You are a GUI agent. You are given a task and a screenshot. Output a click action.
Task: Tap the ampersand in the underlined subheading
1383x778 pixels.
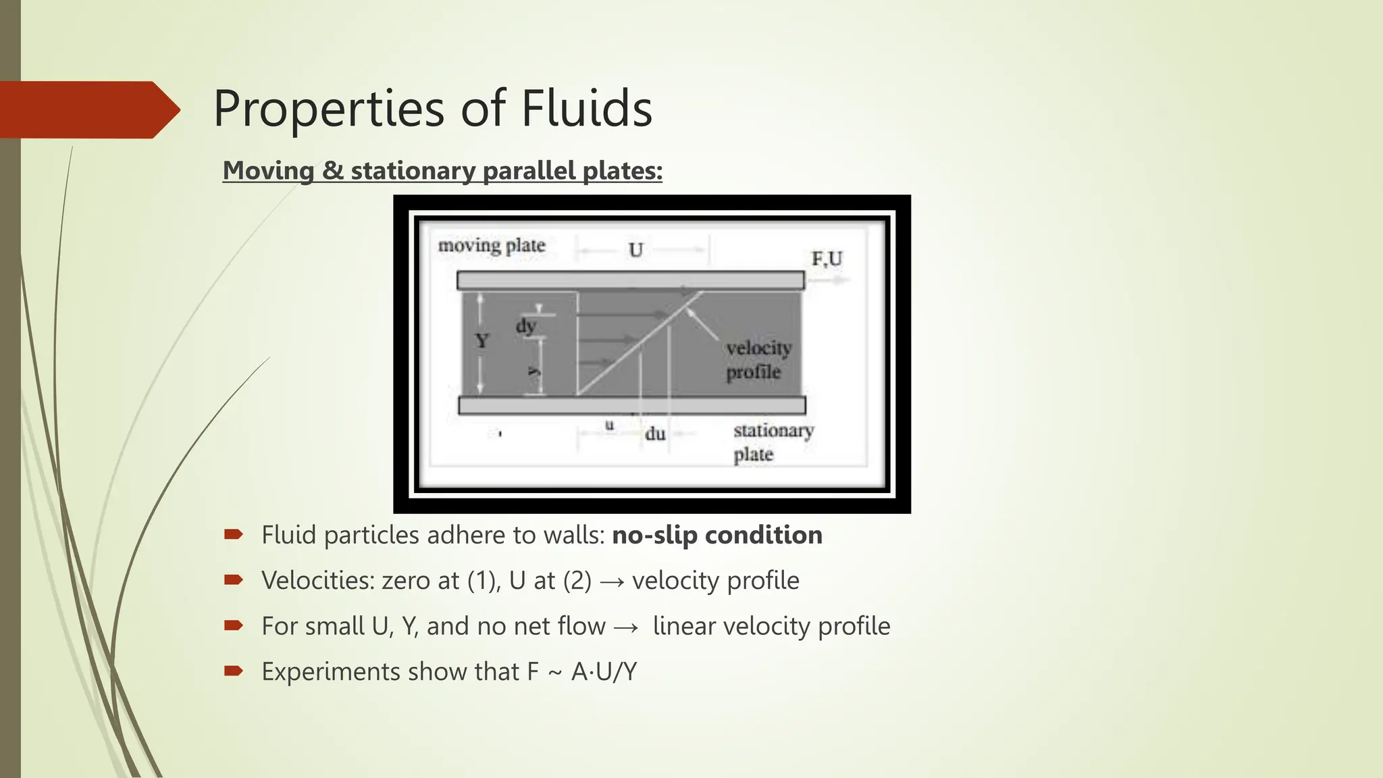pos(332,170)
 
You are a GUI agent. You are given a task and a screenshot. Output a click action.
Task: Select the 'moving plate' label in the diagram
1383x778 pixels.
pos(492,246)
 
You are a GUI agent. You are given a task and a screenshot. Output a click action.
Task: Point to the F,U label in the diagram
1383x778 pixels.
pos(827,259)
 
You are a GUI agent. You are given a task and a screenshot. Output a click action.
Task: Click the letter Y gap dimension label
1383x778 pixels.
pos(481,340)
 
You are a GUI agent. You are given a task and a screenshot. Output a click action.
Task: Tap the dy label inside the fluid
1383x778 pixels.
pos(526,326)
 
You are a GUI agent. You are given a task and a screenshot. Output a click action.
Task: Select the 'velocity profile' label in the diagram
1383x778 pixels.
pos(758,360)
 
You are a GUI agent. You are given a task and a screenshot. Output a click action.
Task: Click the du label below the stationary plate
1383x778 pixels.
pos(655,434)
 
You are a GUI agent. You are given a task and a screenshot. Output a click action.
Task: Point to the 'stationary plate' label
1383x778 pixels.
pos(773,442)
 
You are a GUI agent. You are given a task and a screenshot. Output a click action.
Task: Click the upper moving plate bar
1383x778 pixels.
pos(630,280)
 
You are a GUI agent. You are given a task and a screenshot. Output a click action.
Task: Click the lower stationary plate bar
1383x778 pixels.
pos(631,405)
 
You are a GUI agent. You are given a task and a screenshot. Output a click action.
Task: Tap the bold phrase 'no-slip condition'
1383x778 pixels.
pos(717,535)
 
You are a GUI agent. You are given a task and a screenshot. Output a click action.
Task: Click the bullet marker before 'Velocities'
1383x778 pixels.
pos(234,580)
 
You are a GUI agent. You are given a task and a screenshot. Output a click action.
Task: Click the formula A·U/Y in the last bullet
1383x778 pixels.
pos(604,672)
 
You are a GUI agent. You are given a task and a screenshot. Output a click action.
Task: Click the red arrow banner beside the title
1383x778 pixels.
pos(88,109)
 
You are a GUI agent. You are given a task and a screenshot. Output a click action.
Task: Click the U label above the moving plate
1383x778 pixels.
pos(635,251)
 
